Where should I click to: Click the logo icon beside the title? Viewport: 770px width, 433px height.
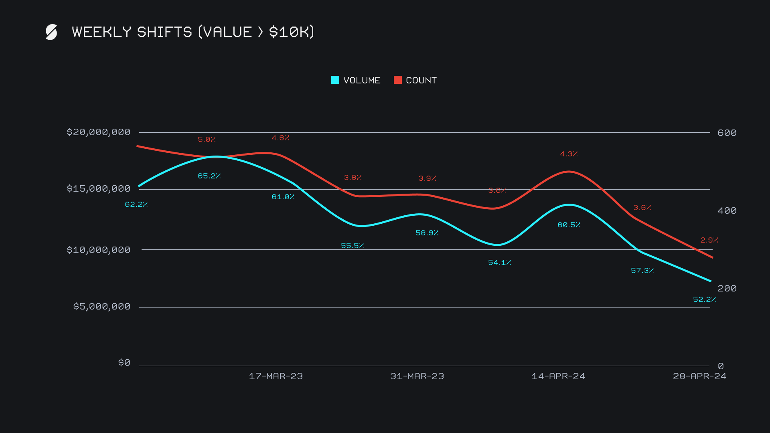tap(51, 32)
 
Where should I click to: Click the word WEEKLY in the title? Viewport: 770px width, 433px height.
tap(101, 32)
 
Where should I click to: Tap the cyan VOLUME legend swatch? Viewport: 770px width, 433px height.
tap(335, 80)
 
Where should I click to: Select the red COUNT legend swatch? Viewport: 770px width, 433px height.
tap(398, 80)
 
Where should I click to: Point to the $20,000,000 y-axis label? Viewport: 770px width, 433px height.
tap(98, 132)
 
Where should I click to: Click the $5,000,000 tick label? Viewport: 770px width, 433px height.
tap(101, 307)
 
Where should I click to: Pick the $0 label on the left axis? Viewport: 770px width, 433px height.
tap(124, 363)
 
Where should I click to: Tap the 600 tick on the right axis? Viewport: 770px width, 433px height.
tap(727, 133)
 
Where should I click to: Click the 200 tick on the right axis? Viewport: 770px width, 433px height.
tap(727, 288)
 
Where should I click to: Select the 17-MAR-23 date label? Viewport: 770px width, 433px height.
tap(276, 376)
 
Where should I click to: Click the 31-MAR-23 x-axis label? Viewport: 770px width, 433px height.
tap(417, 376)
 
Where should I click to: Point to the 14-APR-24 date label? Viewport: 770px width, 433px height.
tap(558, 376)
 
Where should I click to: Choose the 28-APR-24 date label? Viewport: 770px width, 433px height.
tap(699, 376)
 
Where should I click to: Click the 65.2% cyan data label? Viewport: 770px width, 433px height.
tap(209, 176)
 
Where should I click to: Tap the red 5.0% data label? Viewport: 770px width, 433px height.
tap(207, 140)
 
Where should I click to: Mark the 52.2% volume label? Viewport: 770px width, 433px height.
tap(704, 299)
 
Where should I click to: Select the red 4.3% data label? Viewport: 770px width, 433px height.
tap(569, 154)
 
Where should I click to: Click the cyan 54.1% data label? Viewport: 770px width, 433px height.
tap(499, 263)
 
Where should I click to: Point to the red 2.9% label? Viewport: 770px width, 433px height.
tap(709, 240)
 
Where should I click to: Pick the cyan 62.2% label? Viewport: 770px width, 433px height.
tap(136, 204)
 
